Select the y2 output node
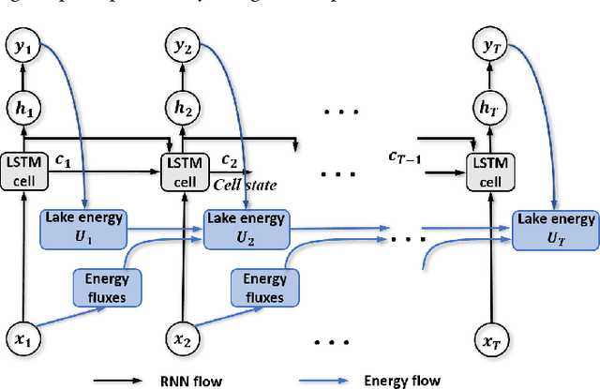(x=181, y=45)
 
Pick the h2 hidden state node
(x=181, y=108)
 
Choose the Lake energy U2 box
(x=246, y=226)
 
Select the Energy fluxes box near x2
(x=265, y=287)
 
